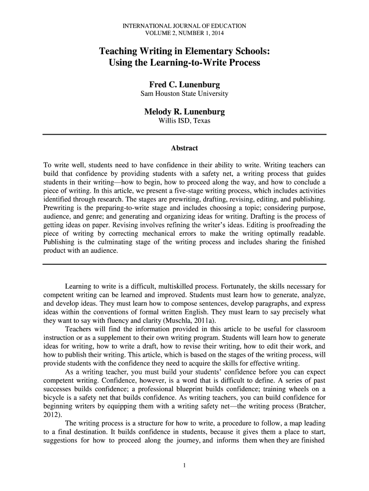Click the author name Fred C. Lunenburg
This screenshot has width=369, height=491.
184,85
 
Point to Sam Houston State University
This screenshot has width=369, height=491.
184,94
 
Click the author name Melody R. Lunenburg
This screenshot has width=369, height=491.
184,112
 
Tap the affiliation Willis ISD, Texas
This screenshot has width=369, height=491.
184,121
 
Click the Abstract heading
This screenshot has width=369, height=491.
184,148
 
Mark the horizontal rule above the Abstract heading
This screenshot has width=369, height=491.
184,135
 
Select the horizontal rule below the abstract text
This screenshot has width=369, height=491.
184,264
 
